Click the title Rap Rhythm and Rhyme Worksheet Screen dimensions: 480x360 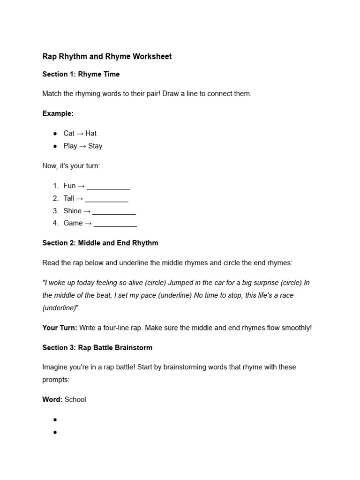coord(107,57)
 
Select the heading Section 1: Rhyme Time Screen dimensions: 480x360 coord(81,74)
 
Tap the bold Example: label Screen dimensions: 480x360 coord(58,113)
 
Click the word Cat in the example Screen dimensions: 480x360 coord(69,134)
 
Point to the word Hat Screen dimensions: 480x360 coord(91,134)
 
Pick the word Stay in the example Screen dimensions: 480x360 coord(95,146)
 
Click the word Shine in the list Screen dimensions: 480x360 coord(73,211)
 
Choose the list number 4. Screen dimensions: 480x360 coord(56,224)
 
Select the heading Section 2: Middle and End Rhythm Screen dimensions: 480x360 coord(100,243)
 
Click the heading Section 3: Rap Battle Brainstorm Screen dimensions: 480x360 coord(97,348)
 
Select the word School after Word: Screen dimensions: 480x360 coord(75,400)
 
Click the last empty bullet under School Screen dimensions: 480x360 coord(55,432)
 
